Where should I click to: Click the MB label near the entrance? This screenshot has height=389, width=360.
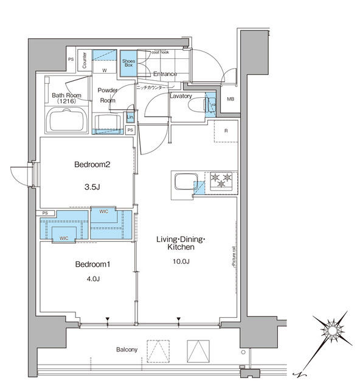(230, 99)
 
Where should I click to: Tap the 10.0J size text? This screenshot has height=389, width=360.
(182, 261)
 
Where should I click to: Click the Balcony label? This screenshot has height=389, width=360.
(127, 349)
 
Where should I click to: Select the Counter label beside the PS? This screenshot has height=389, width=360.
(84, 60)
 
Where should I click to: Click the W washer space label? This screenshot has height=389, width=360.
(104, 71)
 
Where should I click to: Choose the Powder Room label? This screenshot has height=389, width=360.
(108, 95)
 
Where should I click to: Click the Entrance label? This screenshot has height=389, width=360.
(165, 74)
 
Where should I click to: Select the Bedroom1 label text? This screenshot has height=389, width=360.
(92, 264)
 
